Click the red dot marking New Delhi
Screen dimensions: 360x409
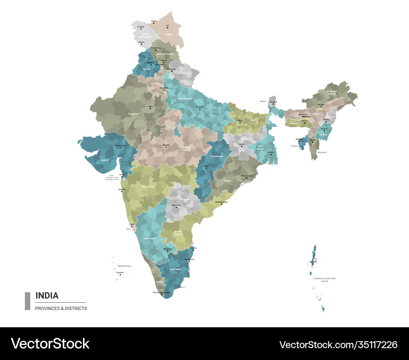164,90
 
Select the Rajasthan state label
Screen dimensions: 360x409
133,113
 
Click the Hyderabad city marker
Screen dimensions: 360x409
176,207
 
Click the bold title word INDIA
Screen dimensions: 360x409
47,295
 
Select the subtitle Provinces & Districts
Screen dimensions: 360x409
61,308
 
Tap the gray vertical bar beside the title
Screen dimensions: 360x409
27,301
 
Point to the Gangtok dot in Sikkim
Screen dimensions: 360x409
273,104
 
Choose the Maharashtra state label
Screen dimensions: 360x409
148,187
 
